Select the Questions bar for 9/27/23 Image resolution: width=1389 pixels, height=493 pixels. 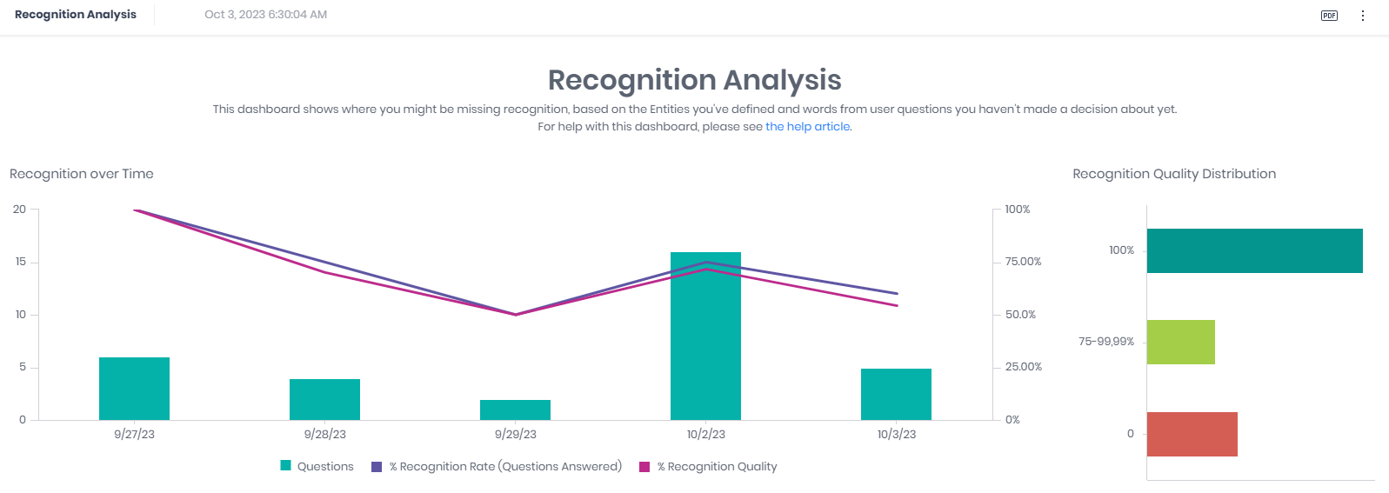point(134,389)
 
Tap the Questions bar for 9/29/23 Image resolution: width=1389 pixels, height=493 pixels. point(515,410)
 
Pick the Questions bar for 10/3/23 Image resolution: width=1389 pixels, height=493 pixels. point(896,395)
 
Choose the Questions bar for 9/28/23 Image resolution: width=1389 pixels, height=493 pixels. point(324,399)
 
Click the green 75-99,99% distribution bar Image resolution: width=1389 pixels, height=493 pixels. point(1180,342)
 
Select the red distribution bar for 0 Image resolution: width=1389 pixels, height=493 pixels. point(1192,434)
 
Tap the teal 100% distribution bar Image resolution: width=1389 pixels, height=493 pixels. point(1254,250)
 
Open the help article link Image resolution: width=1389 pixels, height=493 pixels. point(807,127)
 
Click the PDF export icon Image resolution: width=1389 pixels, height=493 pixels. point(1329,16)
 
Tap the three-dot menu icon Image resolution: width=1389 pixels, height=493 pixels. point(1363,16)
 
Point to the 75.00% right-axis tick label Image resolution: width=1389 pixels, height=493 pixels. point(1023,262)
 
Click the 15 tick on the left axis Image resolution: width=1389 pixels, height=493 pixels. point(20,262)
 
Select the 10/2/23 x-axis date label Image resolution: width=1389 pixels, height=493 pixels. point(705,435)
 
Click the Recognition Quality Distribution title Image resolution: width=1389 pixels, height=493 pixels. point(1174,174)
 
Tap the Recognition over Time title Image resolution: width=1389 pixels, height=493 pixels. point(82,174)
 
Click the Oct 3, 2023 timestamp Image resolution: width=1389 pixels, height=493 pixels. point(265,15)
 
